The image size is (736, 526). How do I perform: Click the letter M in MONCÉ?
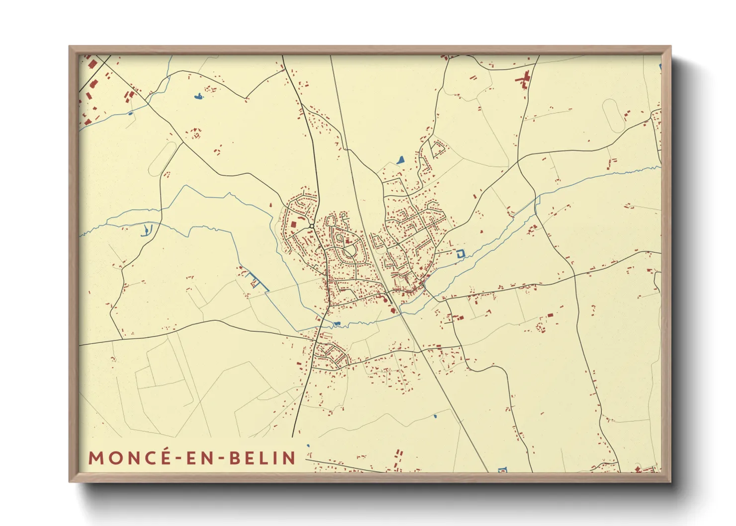click(x=96, y=458)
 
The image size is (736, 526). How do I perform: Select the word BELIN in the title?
click(x=263, y=458)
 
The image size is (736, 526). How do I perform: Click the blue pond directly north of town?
click(x=400, y=160)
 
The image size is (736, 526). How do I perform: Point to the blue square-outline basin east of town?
click(x=460, y=253)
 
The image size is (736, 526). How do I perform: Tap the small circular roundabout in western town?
click(x=312, y=226)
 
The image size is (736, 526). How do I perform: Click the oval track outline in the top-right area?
click(x=613, y=115)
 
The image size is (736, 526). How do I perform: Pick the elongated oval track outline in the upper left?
click(x=163, y=158)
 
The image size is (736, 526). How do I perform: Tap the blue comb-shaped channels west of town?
click(x=255, y=282)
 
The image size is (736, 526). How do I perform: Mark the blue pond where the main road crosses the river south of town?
click(x=337, y=324)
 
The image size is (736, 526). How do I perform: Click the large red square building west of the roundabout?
click(x=293, y=225)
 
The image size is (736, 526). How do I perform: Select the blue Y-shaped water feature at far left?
click(x=146, y=230)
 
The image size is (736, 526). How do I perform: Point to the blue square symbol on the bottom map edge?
click(x=502, y=469)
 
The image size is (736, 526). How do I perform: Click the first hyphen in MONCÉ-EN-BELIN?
click(x=177, y=458)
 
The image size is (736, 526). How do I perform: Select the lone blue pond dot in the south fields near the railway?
click(x=435, y=416)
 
